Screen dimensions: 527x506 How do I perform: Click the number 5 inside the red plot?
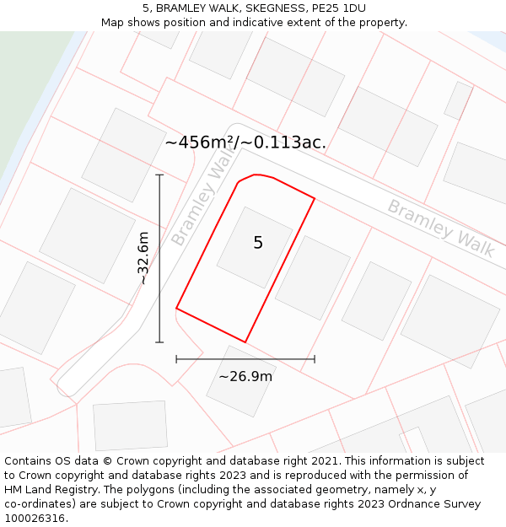coord(258,243)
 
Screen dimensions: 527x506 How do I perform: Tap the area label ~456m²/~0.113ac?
coord(245,143)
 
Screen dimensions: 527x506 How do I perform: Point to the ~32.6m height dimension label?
coord(143,258)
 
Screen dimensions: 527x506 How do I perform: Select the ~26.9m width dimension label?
coord(245,377)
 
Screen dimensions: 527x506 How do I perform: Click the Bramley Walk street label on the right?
coord(440,228)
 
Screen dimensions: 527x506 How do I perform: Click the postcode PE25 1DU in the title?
coord(337,8)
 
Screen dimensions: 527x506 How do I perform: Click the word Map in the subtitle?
coord(113,22)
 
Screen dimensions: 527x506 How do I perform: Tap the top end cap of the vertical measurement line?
coord(159,175)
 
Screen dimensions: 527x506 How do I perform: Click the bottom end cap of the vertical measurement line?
coord(159,341)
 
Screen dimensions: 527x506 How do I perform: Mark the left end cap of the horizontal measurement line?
coord(176,359)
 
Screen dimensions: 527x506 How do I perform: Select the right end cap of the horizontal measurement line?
coord(315,359)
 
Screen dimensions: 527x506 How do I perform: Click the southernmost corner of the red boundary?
coord(245,341)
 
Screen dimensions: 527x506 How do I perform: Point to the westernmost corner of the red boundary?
coord(176,309)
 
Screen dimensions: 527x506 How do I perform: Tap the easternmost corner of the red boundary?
coord(315,199)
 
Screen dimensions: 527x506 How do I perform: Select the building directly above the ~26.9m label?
coord(241,381)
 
